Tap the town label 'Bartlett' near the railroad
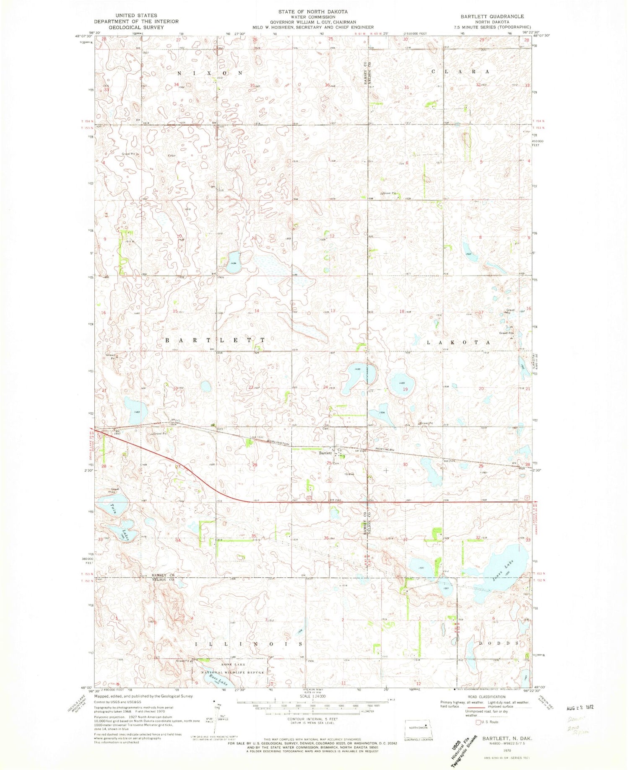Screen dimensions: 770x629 coord(325,453)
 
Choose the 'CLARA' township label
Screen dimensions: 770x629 coord(460,72)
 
